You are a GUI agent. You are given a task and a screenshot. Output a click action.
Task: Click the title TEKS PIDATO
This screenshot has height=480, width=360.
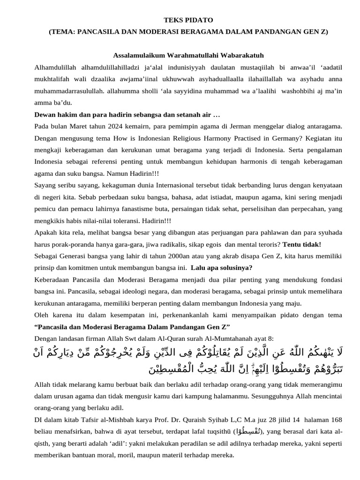[188, 20]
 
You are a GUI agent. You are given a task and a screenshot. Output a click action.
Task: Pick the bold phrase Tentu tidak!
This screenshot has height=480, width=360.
[302, 244]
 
